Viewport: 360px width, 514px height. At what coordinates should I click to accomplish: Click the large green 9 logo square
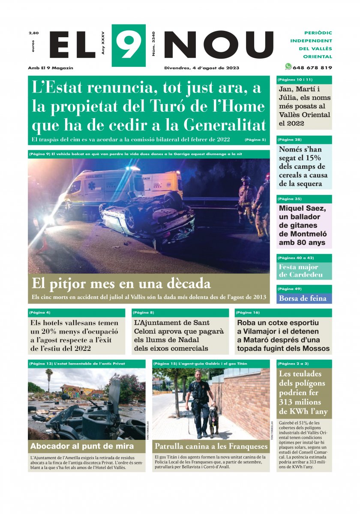[128, 45]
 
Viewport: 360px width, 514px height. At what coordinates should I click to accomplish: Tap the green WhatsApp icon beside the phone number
[288, 66]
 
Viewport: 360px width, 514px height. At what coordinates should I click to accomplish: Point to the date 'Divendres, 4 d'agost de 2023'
[201, 68]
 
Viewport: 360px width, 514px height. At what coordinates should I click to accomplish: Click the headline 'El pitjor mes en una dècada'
[121, 284]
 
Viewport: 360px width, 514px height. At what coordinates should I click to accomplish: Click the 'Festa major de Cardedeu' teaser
[304, 271]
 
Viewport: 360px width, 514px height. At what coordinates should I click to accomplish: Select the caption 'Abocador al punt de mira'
[82, 446]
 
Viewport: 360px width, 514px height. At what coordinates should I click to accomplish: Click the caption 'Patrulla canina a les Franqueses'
[211, 447]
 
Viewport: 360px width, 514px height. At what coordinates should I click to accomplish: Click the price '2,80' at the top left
[33, 33]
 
